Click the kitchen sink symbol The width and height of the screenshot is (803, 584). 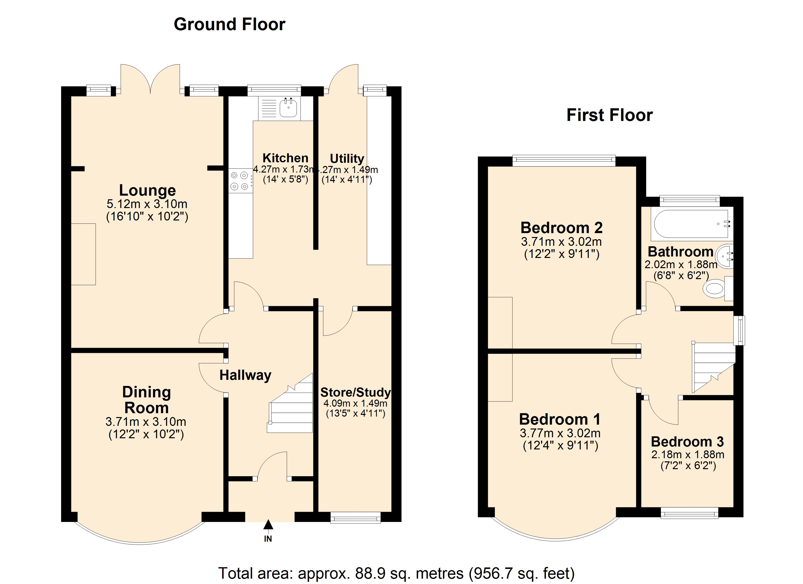click(x=288, y=108)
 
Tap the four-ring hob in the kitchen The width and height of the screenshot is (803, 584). click(x=239, y=181)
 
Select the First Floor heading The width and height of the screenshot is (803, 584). click(x=609, y=115)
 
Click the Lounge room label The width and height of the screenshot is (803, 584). click(x=147, y=191)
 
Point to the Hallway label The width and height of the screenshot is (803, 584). click(x=245, y=375)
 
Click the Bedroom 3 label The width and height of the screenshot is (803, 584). click(x=687, y=442)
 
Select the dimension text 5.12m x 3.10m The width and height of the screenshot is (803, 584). click(x=147, y=204)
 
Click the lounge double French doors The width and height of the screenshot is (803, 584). click(x=150, y=80)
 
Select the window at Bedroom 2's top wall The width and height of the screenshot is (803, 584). click(x=564, y=161)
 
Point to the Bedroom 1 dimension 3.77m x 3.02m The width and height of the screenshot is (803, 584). click(x=560, y=433)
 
